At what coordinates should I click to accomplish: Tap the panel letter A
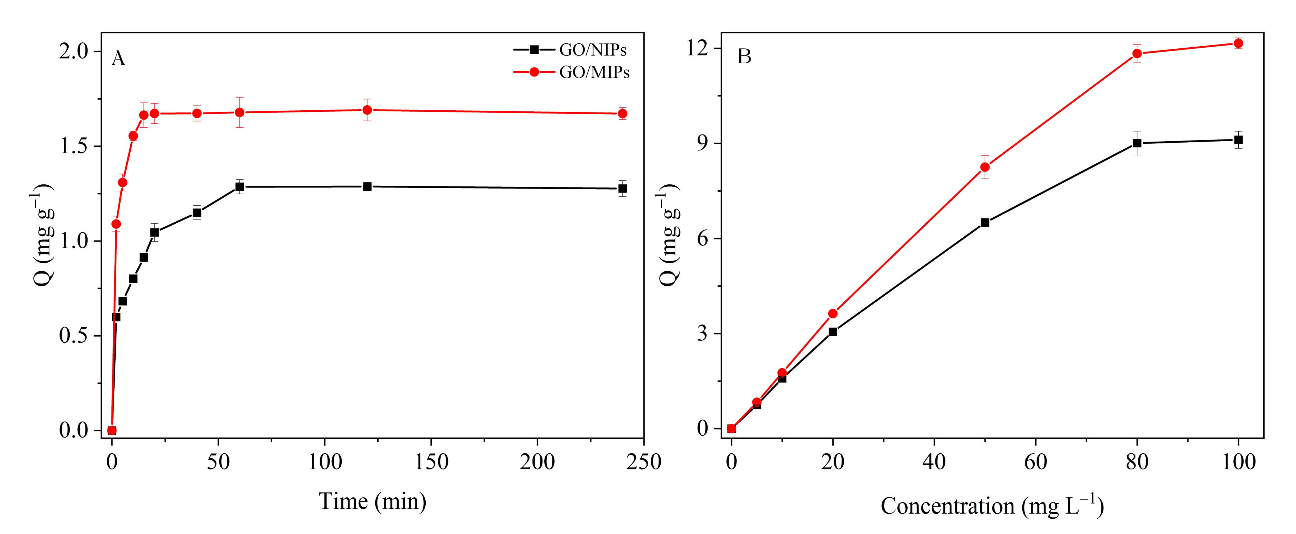click(118, 59)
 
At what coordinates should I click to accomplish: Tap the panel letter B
click(744, 56)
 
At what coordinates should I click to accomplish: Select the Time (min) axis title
click(372, 501)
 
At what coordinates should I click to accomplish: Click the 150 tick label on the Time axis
click(431, 461)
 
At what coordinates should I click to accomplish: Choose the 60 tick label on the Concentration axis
click(1035, 461)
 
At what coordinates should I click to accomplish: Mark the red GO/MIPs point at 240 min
click(622, 113)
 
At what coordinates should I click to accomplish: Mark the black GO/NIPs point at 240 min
click(622, 189)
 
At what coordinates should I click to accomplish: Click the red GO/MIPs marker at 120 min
click(367, 110)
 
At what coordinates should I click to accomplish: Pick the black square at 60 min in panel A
click(240, 186)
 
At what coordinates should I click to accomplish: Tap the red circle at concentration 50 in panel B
click(985, 167)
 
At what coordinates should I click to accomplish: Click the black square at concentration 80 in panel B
click(1137, 143)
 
